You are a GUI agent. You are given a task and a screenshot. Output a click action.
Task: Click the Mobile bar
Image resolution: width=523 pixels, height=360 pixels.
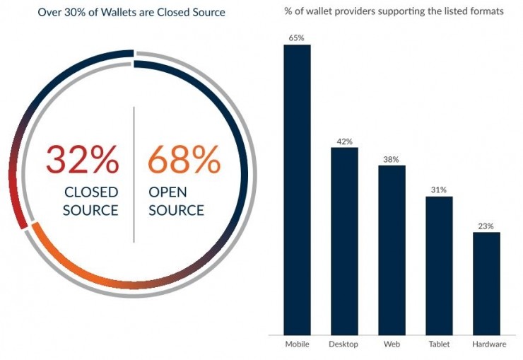(297, 190)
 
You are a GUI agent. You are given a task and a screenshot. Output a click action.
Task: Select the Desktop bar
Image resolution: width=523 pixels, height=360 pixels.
(344, 240)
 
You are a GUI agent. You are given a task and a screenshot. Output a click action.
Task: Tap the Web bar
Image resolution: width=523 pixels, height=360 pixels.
(392, 250)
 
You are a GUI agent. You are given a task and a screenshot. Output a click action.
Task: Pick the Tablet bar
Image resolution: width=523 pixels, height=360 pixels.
(439, 265)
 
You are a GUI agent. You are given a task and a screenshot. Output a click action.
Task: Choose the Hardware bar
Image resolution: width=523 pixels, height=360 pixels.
(486, 283)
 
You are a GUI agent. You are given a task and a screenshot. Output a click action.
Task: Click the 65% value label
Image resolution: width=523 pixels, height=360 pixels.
(297, 37)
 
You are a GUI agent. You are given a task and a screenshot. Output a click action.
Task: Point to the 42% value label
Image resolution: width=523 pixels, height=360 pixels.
(344, 141)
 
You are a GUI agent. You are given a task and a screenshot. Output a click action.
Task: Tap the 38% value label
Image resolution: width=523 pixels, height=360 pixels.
(392, 159)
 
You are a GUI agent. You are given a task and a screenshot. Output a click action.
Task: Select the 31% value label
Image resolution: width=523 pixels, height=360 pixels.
(439, 190)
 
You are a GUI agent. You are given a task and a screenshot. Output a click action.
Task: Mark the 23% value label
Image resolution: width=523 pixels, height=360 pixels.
(486, 226)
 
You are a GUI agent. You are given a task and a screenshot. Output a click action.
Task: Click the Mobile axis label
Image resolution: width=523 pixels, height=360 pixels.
(297, 344)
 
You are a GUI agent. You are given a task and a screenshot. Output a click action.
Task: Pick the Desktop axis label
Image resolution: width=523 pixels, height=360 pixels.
(344, 344)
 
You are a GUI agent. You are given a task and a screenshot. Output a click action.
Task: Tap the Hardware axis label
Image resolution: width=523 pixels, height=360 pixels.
(489, 344)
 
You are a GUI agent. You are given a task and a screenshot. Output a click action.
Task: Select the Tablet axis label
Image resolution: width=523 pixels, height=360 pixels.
(439, 344)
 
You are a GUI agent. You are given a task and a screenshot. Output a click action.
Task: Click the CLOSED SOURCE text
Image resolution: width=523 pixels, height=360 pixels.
(91, 202)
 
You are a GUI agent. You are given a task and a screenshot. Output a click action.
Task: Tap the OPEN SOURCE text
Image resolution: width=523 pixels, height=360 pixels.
(177, 202)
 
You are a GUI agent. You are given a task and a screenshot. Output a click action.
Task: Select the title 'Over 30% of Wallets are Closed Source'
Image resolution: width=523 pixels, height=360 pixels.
(131, 12)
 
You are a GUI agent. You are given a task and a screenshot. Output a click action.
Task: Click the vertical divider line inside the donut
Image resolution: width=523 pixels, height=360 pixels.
(134, 177)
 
